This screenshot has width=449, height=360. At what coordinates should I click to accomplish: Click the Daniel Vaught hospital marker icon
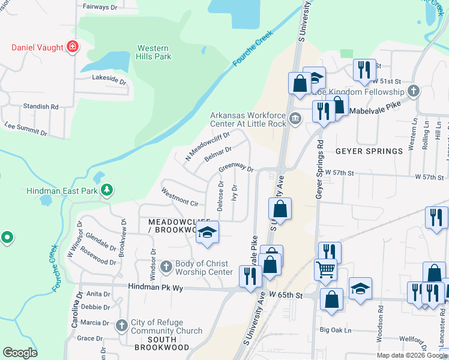(73, 46)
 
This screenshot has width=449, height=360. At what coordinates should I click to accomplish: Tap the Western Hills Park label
(154, 52)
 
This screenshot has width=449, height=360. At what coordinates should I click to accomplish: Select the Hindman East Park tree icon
(107, 190)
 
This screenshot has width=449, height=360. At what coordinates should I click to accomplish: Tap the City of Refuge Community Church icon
(122, 325)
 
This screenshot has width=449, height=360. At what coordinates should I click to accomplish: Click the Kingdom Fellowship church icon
(412, 92)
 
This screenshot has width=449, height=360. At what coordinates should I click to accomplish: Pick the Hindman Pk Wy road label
(155, 288)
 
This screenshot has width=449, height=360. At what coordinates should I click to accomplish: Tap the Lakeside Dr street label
(109, 78)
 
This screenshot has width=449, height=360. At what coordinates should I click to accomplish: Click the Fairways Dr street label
(99, 7)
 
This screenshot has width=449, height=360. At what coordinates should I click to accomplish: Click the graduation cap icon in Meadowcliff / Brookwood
(207, 232)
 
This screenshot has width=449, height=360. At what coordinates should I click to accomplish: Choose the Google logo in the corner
(20, 353)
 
